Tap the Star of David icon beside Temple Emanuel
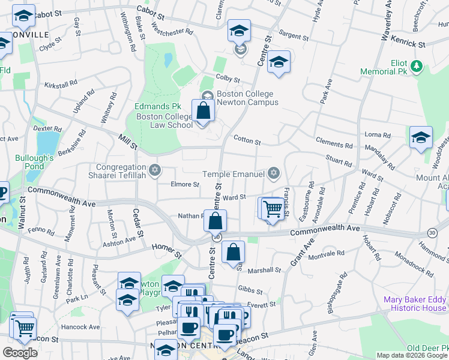click(274, 173)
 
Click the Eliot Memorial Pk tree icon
click(415, 64)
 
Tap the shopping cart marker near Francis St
click(273, 210)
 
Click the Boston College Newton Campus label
click(247, 98)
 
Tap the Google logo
click(20, 353)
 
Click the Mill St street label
click(128, 142)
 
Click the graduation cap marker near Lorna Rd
click(421, 138)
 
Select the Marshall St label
click(264, 270)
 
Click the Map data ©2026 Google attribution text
click(412, 355)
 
